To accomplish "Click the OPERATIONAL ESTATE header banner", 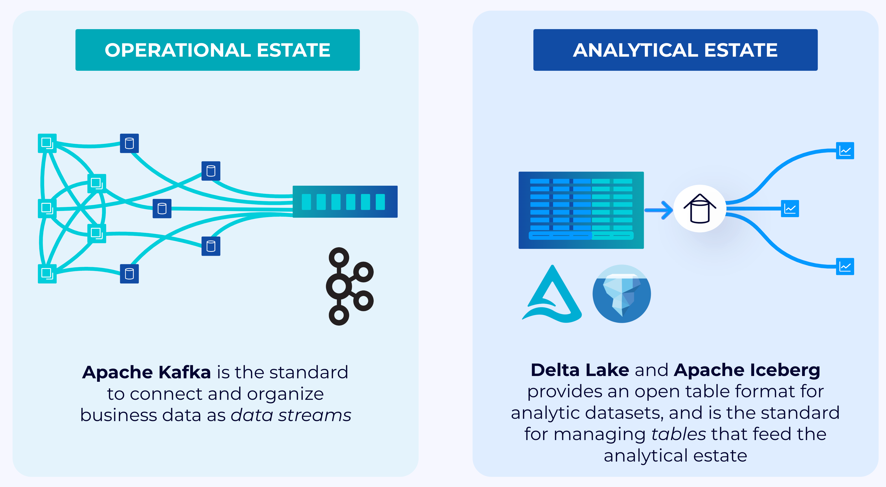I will click(217, 50).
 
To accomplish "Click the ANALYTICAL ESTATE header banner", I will click(675, 50).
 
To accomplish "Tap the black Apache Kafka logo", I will click(349, 286).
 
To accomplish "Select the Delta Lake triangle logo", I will click(552, 295).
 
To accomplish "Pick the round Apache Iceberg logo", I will click(621, 294).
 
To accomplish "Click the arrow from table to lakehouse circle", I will click(659, 210).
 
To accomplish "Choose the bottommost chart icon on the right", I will click(845, 266).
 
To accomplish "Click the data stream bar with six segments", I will click(345, 202).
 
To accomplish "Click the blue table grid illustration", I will click(581, 210).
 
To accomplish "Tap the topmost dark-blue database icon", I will click(129, 143).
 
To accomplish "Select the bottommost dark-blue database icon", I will click(129, 274).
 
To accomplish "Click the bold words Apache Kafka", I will click(147, 372).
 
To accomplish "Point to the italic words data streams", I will click(291, 415).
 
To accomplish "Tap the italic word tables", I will click(678, 434).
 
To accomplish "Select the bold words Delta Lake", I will click(580, 370).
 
